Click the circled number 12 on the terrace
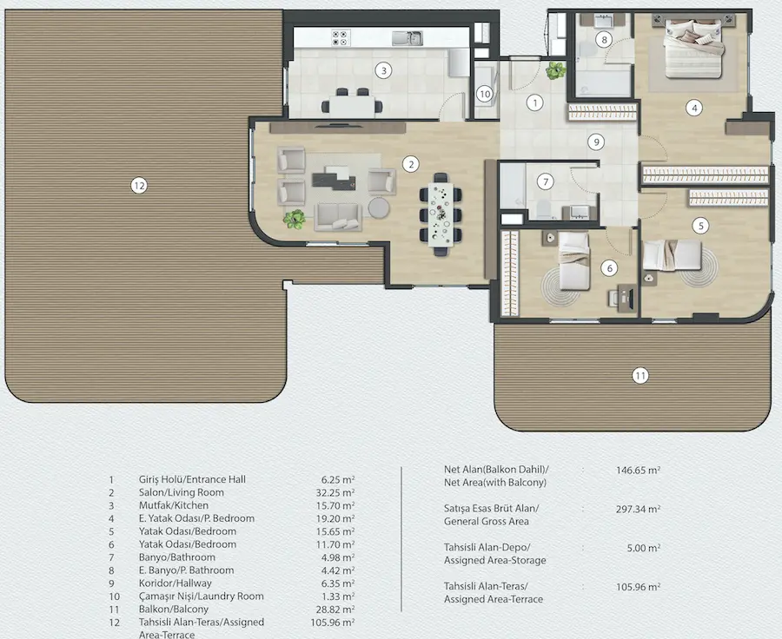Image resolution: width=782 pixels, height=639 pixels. (139, 186)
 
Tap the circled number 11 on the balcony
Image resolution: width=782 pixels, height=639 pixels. (640, 375)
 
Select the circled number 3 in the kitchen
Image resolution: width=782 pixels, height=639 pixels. (383, 71)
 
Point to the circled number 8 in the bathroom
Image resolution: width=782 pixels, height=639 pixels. (604, 39)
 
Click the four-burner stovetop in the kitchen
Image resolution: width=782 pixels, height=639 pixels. (341, 38)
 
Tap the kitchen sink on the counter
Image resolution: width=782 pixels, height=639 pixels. (408, 38)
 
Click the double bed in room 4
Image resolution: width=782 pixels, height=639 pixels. (693, 49)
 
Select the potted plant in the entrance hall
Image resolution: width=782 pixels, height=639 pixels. (556, 70)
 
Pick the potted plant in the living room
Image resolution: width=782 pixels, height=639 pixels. (295, 220)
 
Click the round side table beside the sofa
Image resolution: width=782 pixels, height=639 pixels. (379, 208)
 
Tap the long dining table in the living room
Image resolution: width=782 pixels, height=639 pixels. (441, 214)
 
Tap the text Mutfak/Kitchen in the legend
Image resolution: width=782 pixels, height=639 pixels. (174, 505)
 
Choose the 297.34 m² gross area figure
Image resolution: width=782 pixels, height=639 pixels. (639, 509)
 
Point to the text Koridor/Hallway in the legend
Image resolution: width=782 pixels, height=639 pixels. (175, 583)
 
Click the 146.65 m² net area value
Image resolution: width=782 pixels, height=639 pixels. (639, 470)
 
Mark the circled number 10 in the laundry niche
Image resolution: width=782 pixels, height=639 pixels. (484, 94)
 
